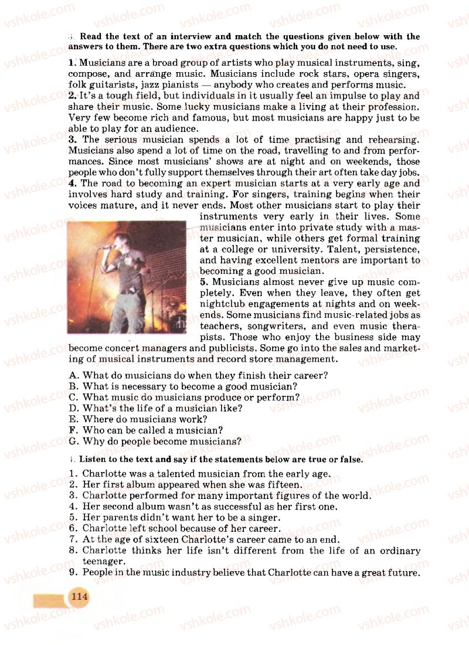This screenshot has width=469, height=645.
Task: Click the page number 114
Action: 79,597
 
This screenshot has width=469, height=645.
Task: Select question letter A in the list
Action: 73,375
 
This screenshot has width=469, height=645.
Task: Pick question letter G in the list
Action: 73,441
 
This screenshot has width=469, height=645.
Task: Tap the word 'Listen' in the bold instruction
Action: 93,460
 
